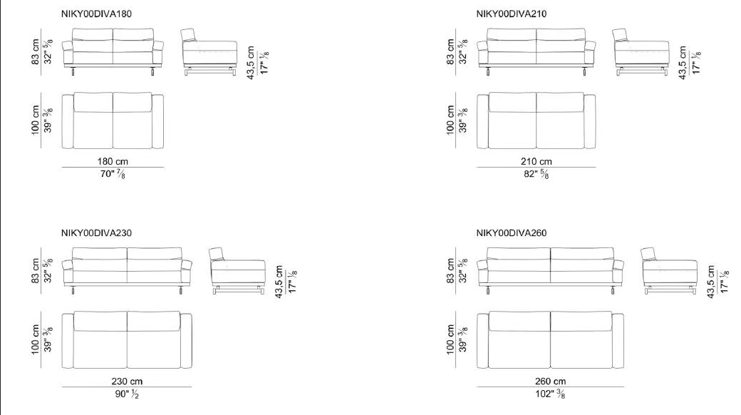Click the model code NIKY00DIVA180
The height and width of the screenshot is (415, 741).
pyautogui.click(x=96, y=14)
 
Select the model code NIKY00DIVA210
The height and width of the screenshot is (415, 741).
pyautogui.click(x=512, y=14)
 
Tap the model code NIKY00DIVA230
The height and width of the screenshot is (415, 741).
pyautogui.click(x=96, y=233)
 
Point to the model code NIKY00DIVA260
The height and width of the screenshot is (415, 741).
pyautogui.click(x=512, y=233)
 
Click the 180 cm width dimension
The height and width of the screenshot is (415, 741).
pyautogui.click(x=113, y=161)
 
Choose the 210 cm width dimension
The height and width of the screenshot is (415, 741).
pyautogui.click(x=537, y=161)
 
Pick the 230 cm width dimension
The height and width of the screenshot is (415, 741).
pyautogui.click(x=127, y=381)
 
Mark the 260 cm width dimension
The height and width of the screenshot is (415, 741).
pyautogui.click(x=551, y=381)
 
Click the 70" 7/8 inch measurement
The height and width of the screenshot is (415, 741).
pyautogui.click(x=113, y=174)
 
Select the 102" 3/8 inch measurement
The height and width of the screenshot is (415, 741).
pyautogui.click(x=550, y=394)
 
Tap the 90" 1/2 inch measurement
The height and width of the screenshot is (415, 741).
pyautogui.click(x=127, y=394)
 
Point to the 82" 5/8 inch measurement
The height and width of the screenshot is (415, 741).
pyautogui.click(x=537, y=174)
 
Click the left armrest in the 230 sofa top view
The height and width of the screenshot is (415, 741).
pyautogui.click(x=68, y=341)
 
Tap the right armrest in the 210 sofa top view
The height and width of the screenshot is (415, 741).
pyautogui.click(x=590, y=122)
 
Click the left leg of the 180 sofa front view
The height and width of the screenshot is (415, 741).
pyautogui.click(x=73, y=72)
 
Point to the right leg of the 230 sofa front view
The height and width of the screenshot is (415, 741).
pyautogui.click(x=180, y=290)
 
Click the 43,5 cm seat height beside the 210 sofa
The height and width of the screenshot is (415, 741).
pyautogui.click(x=682, y=63)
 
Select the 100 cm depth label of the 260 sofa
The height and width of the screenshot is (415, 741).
pyautogui.click(x=450, y=339)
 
